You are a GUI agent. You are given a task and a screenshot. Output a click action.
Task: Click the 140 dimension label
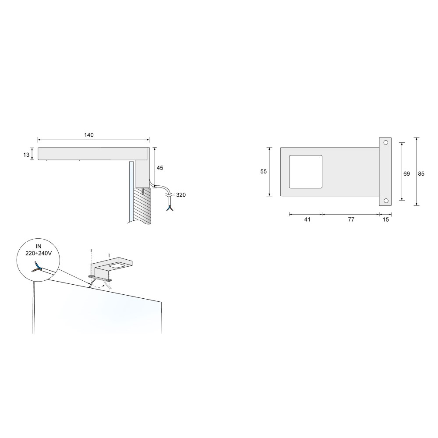[89, 135]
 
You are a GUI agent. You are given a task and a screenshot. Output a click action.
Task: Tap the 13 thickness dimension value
[26, 155]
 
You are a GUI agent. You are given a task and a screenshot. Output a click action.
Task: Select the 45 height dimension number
[160, 168]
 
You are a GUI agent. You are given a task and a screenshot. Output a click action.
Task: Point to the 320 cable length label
[181, 195]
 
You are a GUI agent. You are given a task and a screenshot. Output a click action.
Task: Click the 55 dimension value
[263, 172]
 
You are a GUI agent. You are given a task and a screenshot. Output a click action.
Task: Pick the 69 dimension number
[406, 174]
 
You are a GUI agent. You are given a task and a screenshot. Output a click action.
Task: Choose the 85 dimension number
[421, 174]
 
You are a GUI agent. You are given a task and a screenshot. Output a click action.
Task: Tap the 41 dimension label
[307, 219]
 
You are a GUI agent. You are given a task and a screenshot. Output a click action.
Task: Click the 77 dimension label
[351, 219]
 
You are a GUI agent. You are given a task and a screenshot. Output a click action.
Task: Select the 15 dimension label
[386, 219]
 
